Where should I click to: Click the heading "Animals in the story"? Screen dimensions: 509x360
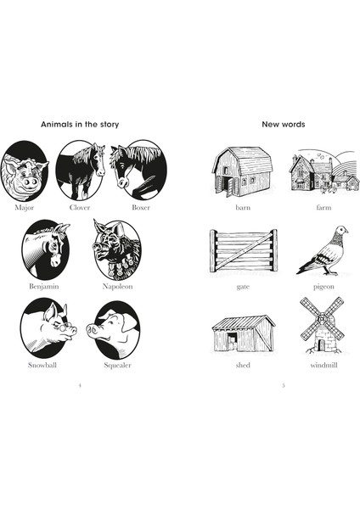[80, 125]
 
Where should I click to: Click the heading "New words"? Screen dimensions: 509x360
[282, 125]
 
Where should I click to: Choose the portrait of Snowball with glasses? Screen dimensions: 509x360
[46, 327]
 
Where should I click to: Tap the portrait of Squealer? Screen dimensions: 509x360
[116, 328]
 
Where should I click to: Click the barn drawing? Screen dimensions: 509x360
[241, 172]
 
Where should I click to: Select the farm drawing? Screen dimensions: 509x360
[323, 172]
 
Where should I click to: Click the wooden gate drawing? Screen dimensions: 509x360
[243, 250]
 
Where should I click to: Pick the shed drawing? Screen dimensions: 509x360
[243, 333]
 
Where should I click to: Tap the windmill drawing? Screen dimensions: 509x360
[323, 324]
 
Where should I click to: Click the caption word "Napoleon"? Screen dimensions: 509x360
[116, 287]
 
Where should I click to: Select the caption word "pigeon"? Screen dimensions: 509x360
[323, 287]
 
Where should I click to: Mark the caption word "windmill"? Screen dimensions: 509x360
[323, 365]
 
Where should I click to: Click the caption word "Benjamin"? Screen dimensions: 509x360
[45, 287]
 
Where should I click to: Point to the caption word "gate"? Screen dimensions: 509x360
[243, 287]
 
